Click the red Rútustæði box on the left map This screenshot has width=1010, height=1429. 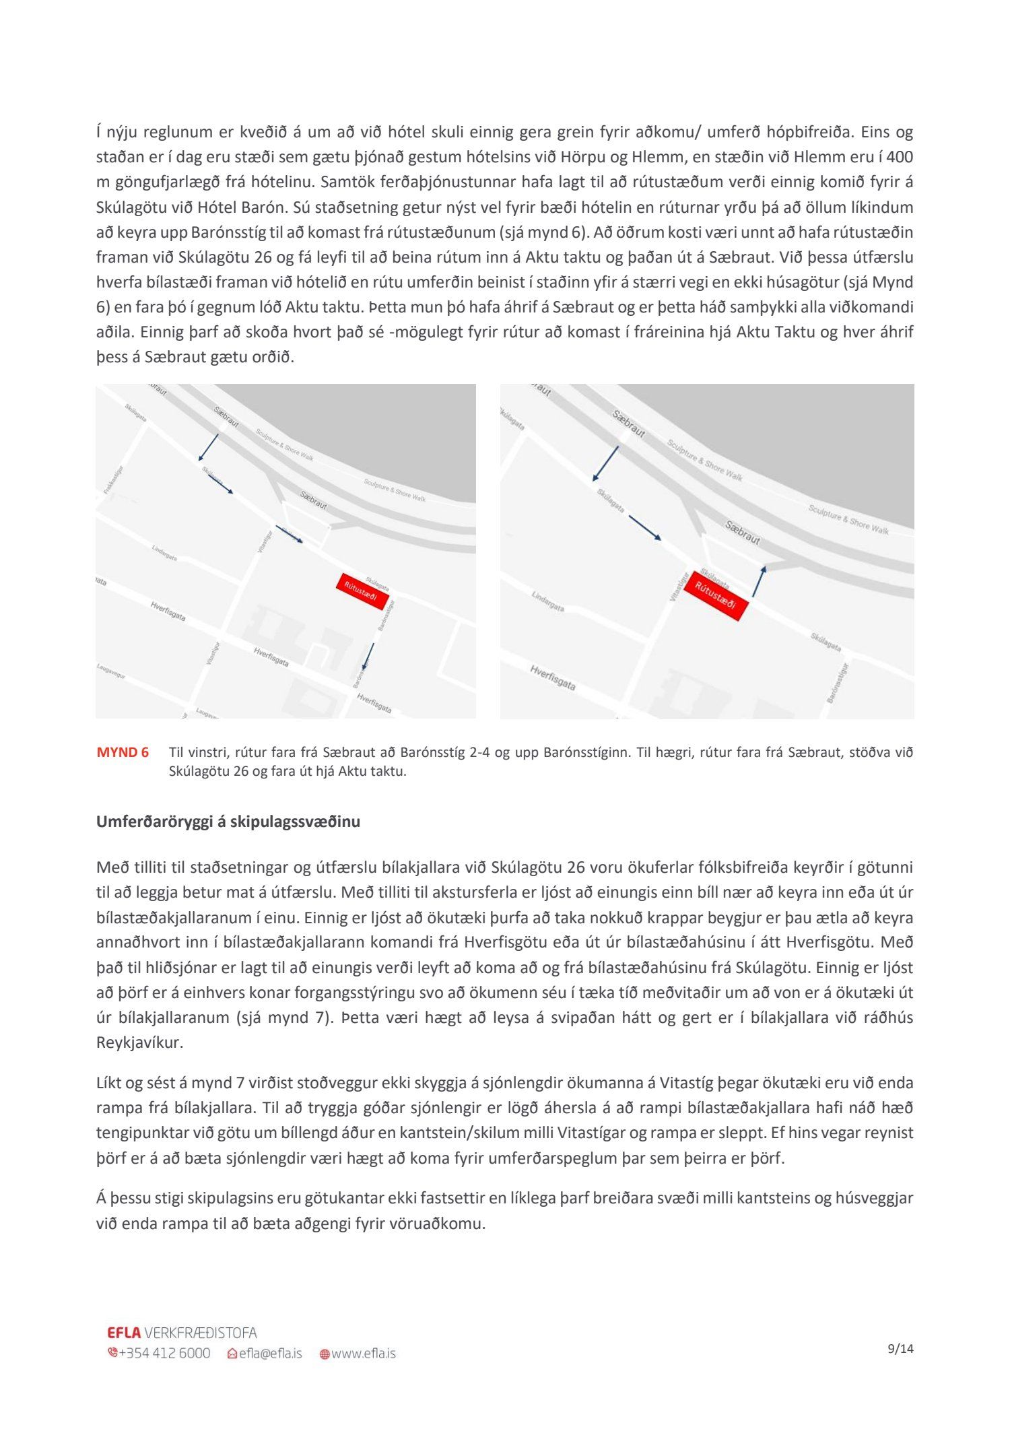point(362,591)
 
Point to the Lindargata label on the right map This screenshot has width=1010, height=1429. point(548,601)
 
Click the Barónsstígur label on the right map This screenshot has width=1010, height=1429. point(837,683)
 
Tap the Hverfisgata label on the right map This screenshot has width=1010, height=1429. point(553,677)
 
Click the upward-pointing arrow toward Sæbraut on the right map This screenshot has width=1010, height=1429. point(759,582)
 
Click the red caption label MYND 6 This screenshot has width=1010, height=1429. point(123,752)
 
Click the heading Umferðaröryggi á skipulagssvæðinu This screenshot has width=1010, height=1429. point(228,822)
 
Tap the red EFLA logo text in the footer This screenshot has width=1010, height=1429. point(124,1333)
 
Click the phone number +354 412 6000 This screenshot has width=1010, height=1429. point(164,1354)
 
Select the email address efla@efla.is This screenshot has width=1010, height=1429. point(270,1354)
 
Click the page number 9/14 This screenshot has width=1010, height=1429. point(900,1349)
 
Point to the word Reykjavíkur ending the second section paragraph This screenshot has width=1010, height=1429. point(139,1042)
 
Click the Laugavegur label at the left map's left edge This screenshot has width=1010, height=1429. point(111,670)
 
